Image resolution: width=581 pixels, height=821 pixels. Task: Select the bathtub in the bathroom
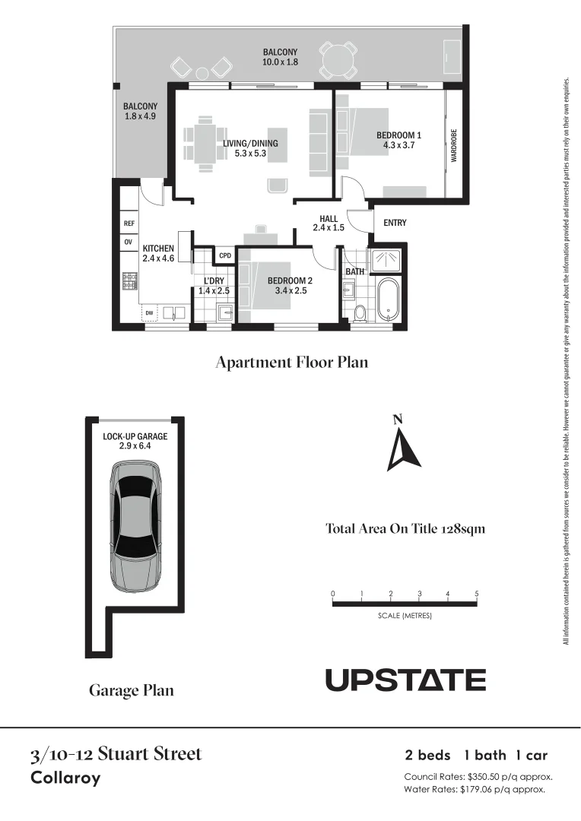(388, 300)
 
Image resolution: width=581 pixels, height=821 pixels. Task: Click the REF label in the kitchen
(129, 223)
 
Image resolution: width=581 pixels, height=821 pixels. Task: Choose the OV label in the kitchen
(129, 242)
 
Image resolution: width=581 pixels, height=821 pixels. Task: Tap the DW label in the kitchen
(150, 312)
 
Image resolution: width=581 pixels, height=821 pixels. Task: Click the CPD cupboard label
(225, 255)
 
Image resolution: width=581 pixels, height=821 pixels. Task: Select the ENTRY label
(395, 223)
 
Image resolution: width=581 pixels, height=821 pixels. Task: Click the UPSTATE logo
(405, 680)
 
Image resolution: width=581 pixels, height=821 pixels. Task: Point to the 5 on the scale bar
(476, 594)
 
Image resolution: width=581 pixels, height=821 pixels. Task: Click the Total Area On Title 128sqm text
(405, 528)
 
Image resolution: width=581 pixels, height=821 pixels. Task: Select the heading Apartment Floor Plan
(291, 362)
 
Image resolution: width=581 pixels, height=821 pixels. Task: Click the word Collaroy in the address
(65, 778)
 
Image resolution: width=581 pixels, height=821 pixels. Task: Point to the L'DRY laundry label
(213, 281)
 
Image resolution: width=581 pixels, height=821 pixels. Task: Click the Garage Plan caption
(131, 690)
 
